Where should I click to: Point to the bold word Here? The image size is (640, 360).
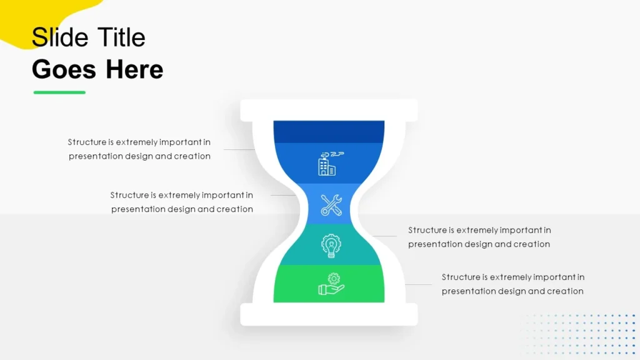pos(134,69)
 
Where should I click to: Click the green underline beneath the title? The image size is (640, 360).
pos(59,92)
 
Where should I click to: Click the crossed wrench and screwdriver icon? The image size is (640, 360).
pos(331,205)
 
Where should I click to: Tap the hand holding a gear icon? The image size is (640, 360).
pos(331,284)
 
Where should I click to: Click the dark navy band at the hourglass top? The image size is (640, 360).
pos(329,132)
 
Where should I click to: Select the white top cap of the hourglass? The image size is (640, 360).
pos(329,109)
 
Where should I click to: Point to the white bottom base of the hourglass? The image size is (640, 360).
pos(329,314)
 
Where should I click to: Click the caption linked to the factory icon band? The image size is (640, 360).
pos(139,149)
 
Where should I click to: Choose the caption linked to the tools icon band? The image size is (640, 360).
pos(182,202)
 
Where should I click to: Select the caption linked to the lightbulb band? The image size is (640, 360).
pos(479,237)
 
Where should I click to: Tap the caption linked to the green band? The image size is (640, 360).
pos(513,284)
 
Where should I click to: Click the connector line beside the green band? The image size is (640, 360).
pos(418,285)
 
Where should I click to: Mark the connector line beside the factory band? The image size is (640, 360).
pos(239,150)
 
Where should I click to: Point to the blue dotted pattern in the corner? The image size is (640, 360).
pos(581,334)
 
